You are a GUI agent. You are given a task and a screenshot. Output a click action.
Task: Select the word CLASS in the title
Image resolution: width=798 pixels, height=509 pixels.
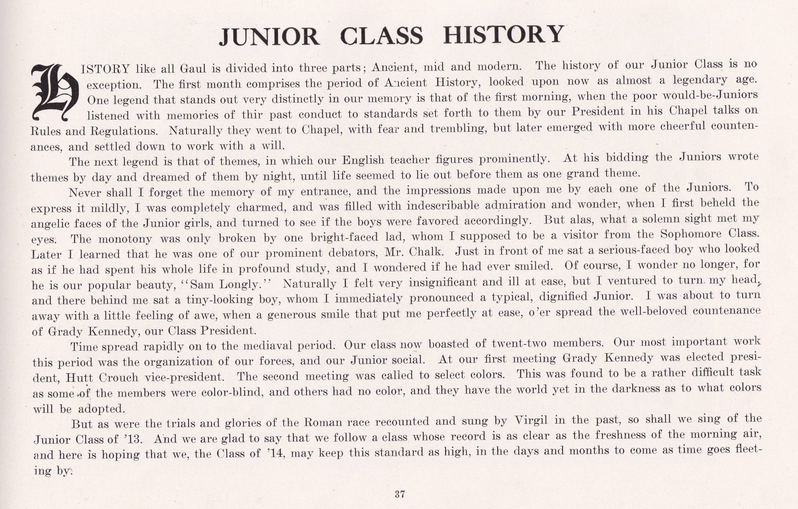pos(382,36)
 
